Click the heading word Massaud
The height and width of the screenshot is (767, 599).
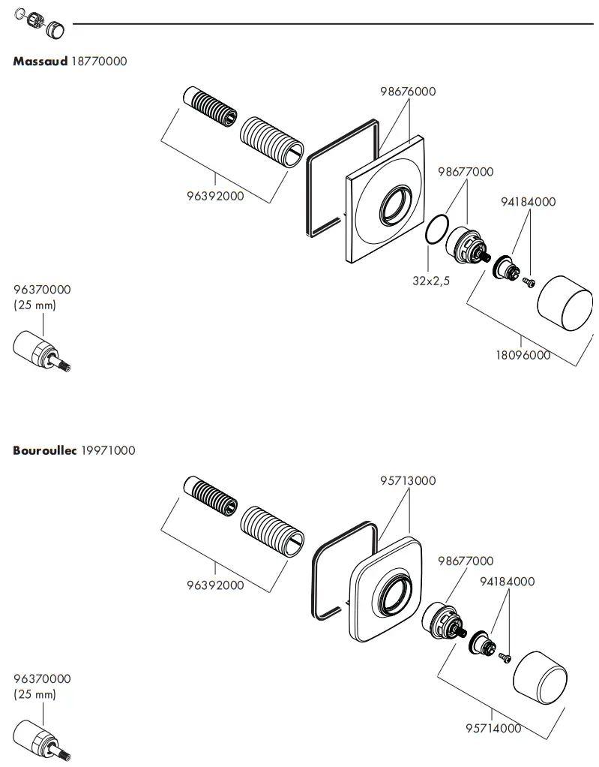pyautogui.click(x=40, y=62)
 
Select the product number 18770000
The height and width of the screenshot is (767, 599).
pyautogui.click(x=99, y=62)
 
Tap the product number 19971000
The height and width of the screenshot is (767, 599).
pyautogui.click(x=108, y=450)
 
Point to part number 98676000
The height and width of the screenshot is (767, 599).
pyautogui.click(x=408, y=92)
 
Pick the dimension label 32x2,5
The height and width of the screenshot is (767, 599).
pyautogui.click(x=431, y=281)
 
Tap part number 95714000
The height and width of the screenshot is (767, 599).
pyautogui.click(x=493, y=728)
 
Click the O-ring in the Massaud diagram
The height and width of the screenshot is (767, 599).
pyautogui.click(x=436, y=231)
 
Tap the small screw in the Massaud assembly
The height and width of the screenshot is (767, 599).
pyautogui.click(x=529, y=282)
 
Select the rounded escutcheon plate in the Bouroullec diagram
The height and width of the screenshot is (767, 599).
pyautogui.click(x=383, y=592)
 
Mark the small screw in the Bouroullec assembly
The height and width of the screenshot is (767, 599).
pyautogui.click(x=505, y=657)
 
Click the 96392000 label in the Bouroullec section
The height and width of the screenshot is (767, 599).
pyautogui.click(x=215, y=585)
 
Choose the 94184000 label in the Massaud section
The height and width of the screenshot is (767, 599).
pyautogui.click(x=529, y=202)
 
